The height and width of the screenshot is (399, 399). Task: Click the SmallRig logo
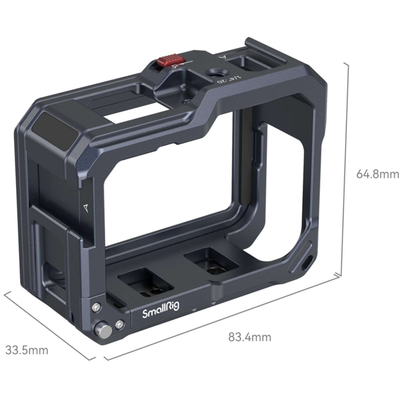coord(161,310)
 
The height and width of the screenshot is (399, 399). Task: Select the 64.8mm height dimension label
coord(377,174)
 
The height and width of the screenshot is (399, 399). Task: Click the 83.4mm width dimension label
coord(250,337)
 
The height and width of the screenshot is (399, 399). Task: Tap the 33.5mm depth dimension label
coord(27,350)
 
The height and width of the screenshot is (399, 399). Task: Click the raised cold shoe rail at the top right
coord(266,50)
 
